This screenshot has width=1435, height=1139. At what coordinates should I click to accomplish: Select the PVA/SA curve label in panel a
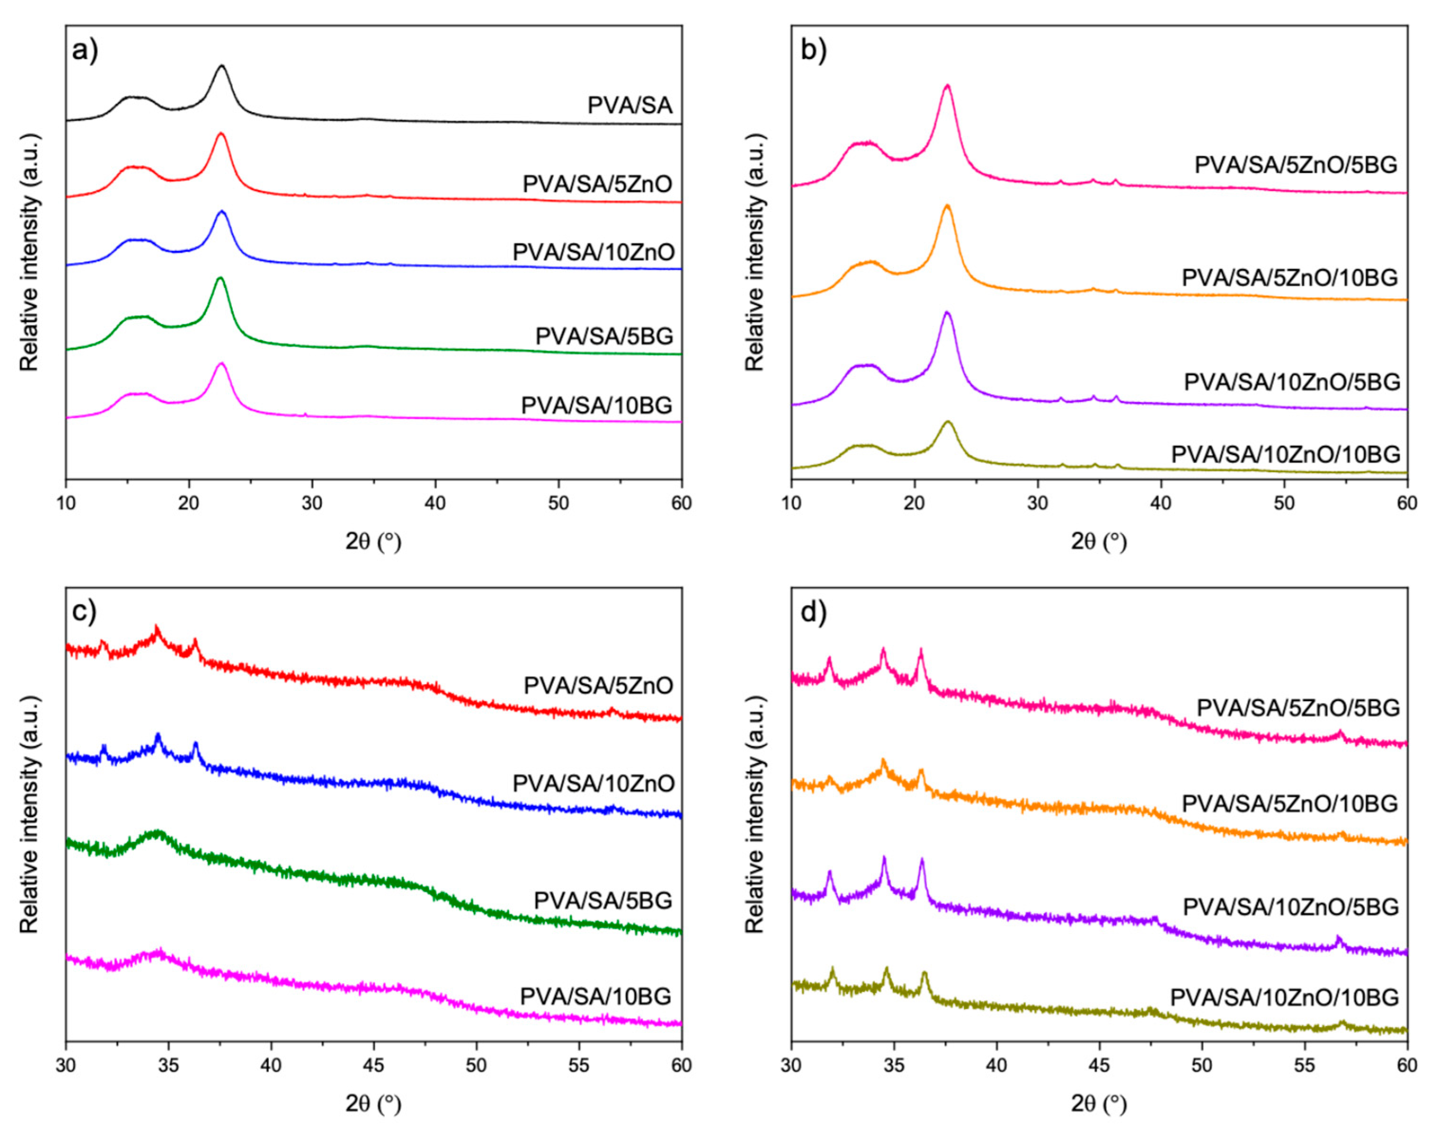pyautogui.click(x=630, y=105)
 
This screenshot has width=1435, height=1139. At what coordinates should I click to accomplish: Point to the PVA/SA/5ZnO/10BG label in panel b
pyautogui.click(x=1289, y=277)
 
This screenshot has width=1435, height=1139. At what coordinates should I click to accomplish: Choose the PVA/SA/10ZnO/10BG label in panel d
pyautogui.click(x=1284, y=997)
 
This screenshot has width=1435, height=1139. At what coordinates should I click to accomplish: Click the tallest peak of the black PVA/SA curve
pyautogui.click(x=222, y=66)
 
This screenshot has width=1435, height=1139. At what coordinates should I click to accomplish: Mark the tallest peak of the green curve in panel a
pyautogui.click(x=220, y=278)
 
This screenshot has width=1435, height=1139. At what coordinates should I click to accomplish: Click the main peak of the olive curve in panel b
pyautogui.click(x=948, y=421)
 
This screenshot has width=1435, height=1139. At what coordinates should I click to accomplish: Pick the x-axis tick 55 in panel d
pyautogui.click(x=1304, y=1065)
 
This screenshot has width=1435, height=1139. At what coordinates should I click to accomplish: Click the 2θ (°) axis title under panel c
pyautogui.click(x=373, y=1104)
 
